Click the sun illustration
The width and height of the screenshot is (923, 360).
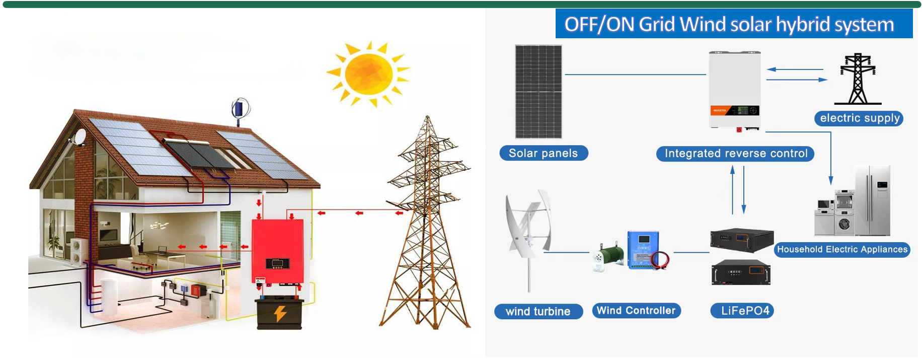pyautogui.click(x=369, y=74)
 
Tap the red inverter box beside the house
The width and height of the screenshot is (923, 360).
pyautogui.click(x=278, y=251)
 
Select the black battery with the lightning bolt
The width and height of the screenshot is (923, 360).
pyautogui.click(x=280, y=313)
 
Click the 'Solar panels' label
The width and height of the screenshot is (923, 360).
pyautogui.click(x=544, y=153)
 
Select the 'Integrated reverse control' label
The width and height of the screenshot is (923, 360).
pyautogui.click(x=735, y=154)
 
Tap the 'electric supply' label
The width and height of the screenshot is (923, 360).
pyautogui.click(x=859, y=118)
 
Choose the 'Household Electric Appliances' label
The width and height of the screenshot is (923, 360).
pyautogui.click(x=842, y=249)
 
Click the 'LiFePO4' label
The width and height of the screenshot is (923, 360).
pyautogui.click(x=742, y=311)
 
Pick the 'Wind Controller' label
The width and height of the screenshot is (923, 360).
pyautogui.click(x=636, y=311)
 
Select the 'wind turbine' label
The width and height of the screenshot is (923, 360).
pyautogui.click(x=538, y=312)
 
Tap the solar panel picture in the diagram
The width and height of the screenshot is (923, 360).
pyautogui.click(x=539, y=92)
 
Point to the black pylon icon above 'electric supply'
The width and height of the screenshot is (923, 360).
pyautogui.click(x=858, y=79)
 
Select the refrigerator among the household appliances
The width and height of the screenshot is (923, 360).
pyautogui.click(x=873, y=200)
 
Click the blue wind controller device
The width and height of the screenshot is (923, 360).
pyautogui.click(x=643, y=249)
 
